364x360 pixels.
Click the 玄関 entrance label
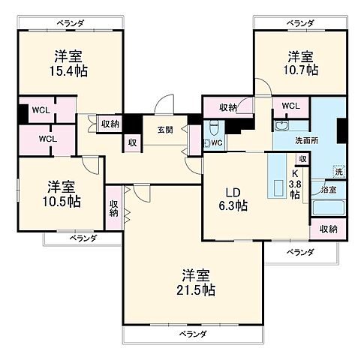pos(166,129)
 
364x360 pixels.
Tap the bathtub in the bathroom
pos(329,208)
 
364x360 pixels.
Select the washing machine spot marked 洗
pos(338,172)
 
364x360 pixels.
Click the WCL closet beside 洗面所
pos(290,106)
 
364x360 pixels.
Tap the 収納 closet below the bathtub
pos(328,229)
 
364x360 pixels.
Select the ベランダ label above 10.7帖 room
pos(300,23)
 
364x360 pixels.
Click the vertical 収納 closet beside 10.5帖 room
pos(113,207)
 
